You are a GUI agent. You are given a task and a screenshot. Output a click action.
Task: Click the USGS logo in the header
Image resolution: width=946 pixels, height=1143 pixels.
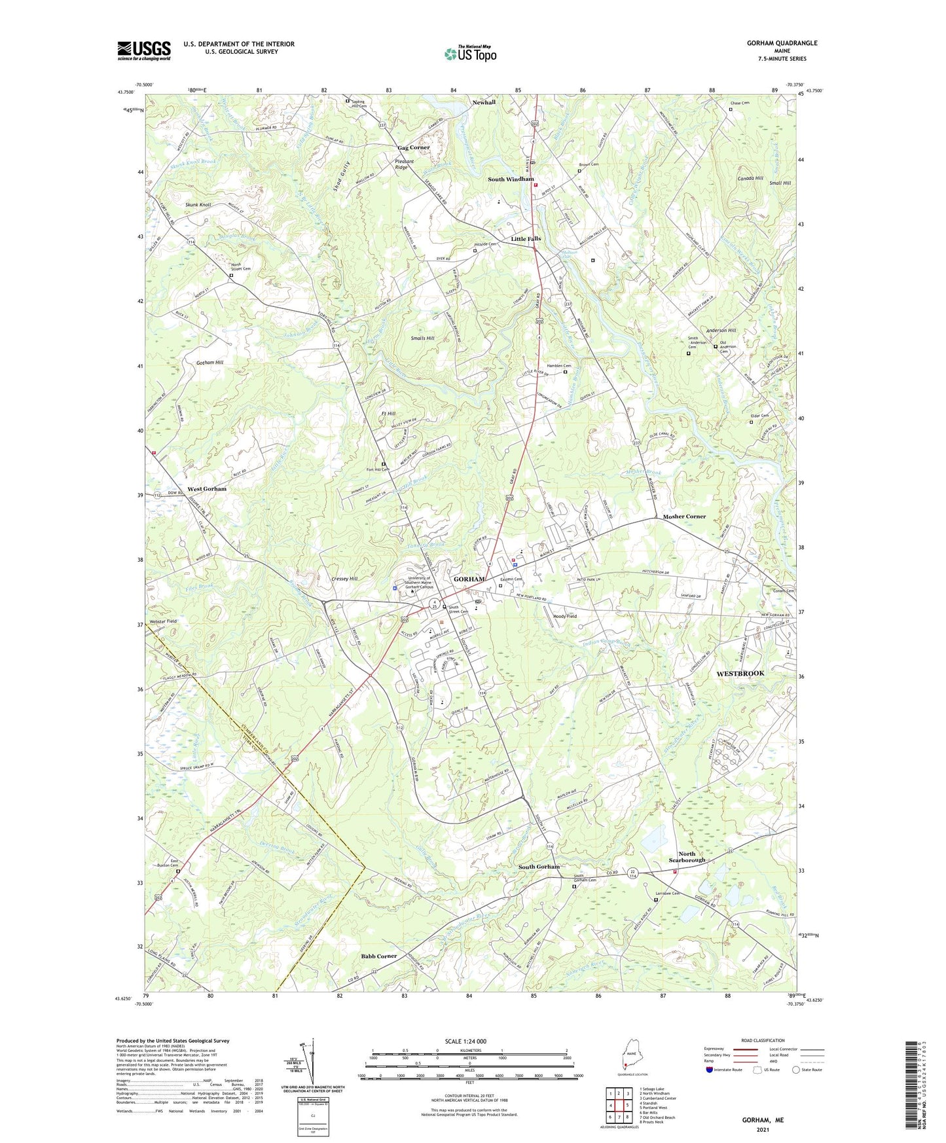point(144,50)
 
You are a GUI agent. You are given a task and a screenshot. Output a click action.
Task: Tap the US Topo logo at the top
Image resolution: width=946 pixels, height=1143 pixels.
point(470,54)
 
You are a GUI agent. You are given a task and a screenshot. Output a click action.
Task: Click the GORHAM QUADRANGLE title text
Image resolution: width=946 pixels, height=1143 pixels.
point(782,43)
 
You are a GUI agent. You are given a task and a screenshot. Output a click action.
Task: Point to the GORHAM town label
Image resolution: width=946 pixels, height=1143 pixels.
point(469,579)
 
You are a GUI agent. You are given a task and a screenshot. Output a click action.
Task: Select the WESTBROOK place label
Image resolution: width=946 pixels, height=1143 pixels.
point(740,673)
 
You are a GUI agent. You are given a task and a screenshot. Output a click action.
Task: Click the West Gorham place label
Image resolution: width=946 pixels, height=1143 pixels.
point(207,489)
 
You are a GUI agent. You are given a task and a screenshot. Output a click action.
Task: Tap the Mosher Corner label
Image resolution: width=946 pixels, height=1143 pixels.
point(684,517)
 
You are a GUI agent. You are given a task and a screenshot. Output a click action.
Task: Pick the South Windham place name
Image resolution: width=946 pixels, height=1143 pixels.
point(511,179)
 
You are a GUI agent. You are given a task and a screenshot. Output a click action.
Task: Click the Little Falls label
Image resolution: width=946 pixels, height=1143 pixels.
point(526,239)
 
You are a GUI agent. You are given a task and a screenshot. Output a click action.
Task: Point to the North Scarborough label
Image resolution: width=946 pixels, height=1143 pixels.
point(687,857)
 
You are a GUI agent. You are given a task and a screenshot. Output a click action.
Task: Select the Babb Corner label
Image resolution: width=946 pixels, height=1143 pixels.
point(379,956)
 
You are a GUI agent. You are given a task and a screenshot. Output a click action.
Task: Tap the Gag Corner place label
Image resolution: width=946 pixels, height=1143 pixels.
point(414,148)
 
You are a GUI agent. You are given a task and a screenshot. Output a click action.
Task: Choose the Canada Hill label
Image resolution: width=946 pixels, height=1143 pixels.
point(750,179)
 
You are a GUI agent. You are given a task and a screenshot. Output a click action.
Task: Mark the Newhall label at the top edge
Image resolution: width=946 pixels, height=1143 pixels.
point(484,103)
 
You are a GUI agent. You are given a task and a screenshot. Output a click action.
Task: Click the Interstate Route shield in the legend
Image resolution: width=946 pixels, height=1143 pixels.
point(710,1070)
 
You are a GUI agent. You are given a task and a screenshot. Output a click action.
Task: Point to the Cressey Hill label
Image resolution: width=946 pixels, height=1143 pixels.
point(344,579)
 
